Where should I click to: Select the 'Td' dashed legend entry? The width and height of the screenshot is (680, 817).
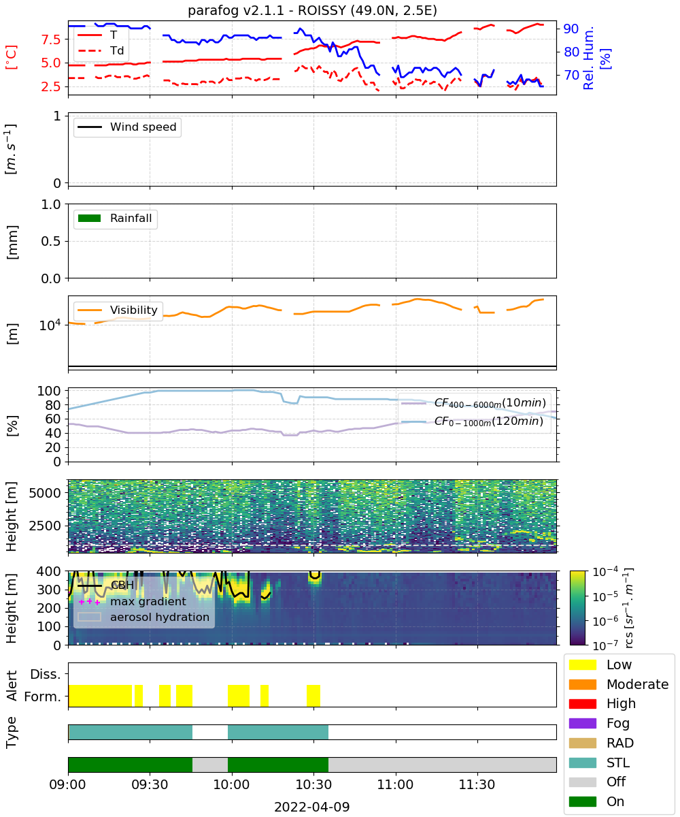pos(101,51)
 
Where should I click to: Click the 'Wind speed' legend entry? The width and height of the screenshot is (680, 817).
pos(127,127)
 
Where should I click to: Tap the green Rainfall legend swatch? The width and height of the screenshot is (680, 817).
pos(90,218)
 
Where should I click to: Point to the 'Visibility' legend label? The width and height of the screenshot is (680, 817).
pos(134,310)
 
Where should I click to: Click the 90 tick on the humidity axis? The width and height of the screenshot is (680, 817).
pos(571,29)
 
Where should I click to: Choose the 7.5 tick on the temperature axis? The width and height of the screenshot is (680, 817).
pos(51,39)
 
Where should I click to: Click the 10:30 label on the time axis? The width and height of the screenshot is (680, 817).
pos(313,784)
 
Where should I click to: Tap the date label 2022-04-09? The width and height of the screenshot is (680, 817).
pos(312,807)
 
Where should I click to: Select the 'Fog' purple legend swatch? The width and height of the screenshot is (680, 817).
pos(582,723)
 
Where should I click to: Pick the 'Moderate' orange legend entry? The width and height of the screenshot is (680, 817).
pos(619,684)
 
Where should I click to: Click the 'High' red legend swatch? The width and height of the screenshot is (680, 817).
pos(582,703)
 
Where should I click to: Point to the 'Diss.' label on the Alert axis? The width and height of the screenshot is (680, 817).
pos(46,674)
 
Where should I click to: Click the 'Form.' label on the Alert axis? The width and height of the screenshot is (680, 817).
pos(43,696)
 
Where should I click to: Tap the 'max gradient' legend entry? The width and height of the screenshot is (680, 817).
pos(132,601)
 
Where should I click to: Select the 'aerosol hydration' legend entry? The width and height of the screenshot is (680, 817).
pos(143,617)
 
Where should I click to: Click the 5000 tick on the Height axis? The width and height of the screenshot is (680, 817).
pos(45,493)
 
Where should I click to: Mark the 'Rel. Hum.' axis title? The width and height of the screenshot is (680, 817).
pos(588,58)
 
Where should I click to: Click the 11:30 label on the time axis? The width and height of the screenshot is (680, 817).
pos(477,784)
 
